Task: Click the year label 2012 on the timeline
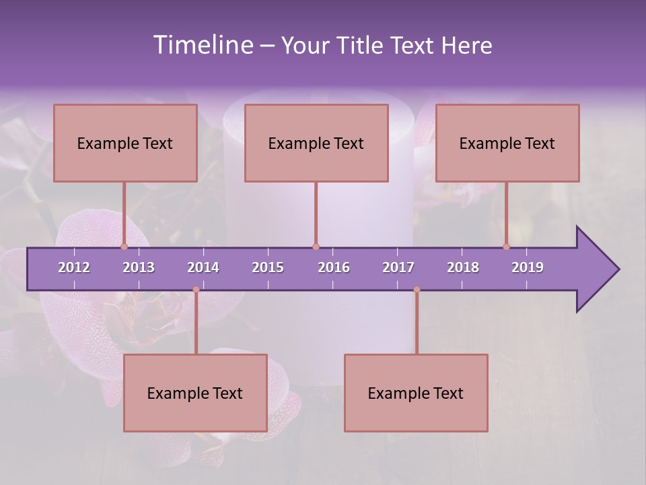[74, 267]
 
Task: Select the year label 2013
[139, 267]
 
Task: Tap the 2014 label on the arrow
[203, 267]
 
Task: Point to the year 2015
[268, 267]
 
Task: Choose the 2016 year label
[334, 267]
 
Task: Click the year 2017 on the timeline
[398, 267]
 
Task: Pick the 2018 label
[463, 267]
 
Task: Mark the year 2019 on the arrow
[528, 267]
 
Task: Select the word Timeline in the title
[202, 45]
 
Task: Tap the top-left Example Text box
[125, 143]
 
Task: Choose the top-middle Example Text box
[316, 143]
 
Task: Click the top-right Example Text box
[507, 143]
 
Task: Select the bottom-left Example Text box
[195, 393]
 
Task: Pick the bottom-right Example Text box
[416, 393]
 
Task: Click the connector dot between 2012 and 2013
[124, 247]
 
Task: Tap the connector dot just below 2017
[417, 290]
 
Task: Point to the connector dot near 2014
[196, 290]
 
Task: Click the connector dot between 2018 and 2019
[507, 247]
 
